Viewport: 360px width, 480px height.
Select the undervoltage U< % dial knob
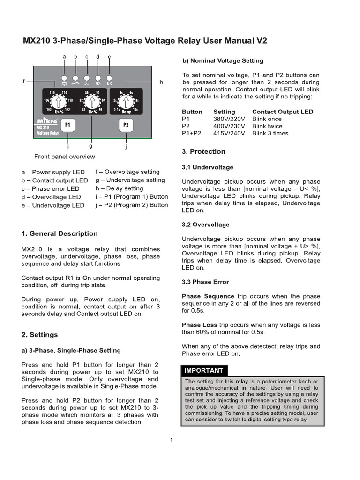(92, 101)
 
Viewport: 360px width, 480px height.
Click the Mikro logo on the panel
(47, 121)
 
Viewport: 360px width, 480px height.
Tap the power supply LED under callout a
(64, 78)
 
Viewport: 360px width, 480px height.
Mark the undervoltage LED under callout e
(109, 78)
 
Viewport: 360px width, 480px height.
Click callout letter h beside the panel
(161, 82)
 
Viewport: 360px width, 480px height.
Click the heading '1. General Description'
(60, 233)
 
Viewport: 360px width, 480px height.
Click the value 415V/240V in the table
(230, 133)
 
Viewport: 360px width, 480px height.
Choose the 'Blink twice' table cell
(267, 126)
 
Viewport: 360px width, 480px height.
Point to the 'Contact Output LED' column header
(282, 112)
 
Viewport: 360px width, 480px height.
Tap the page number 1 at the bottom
(172, 440)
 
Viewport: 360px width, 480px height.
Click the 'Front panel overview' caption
(64, 157)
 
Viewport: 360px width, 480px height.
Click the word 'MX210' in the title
(37, 41)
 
